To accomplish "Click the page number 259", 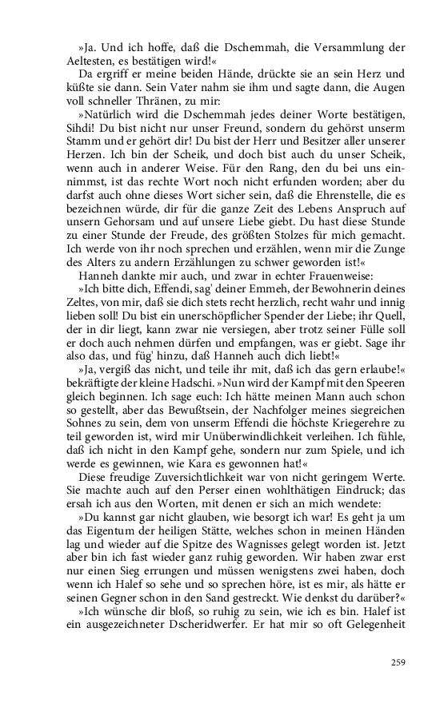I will pyautogui.click(x=398, y=662).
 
